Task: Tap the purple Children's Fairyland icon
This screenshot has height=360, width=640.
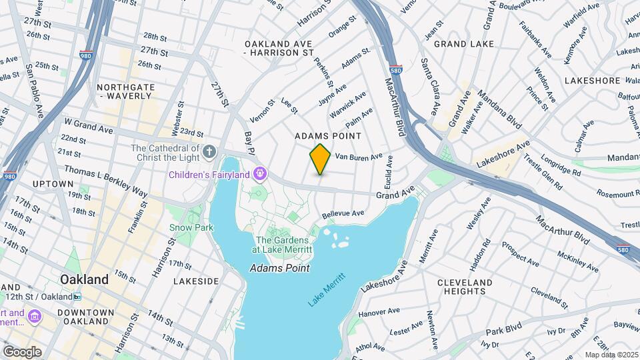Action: point(260,175)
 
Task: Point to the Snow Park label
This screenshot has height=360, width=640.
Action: point(191,227)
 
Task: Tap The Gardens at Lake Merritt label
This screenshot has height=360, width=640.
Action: point(282,245)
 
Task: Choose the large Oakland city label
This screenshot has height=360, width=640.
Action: point(84,279)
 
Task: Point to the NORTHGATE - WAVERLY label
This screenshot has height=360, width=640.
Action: point(125,92)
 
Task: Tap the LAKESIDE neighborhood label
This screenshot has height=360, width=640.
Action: point(196,281)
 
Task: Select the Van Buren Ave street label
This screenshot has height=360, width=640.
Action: point(359,157)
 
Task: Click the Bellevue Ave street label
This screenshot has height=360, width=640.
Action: point(343,214)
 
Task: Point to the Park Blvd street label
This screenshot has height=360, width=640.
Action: point(503,331)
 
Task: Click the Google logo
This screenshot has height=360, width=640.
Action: point(22,352)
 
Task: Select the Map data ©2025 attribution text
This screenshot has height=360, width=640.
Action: point(611,355)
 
